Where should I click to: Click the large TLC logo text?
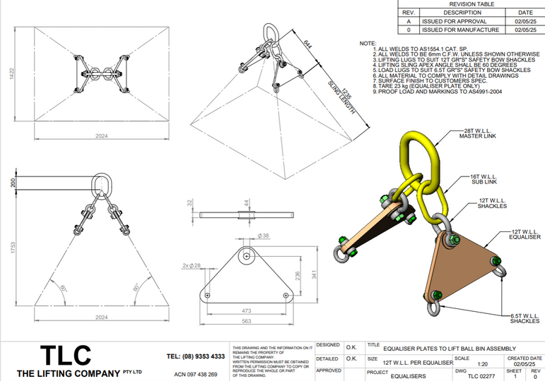click(x=66, y=354)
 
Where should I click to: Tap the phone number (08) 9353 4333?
click(x=196, y=356)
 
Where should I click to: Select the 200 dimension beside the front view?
click(x=11, y=183)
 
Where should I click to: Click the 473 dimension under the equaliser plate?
click(x=246, y=310)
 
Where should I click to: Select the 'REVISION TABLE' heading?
click(x=472, y=4)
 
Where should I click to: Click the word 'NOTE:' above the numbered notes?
click(x=368, y=44)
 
